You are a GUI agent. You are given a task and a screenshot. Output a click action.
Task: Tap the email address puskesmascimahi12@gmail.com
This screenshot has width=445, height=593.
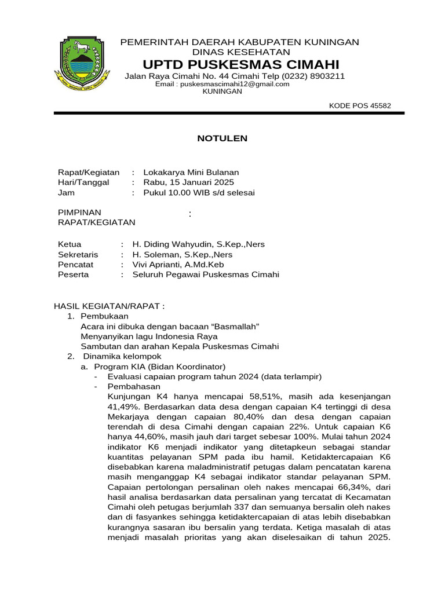[234, 84]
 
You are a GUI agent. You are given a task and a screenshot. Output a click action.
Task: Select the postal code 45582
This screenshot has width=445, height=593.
[381, 105]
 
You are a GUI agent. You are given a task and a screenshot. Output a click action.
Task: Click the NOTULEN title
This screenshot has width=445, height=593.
[222, 138]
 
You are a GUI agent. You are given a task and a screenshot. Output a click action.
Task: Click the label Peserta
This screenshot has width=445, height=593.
[74, 274]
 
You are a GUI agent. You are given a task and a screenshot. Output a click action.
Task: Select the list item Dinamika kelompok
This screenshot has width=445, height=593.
[122, 356]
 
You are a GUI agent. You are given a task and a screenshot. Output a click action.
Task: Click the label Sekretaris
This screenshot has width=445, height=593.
[78, 255]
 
